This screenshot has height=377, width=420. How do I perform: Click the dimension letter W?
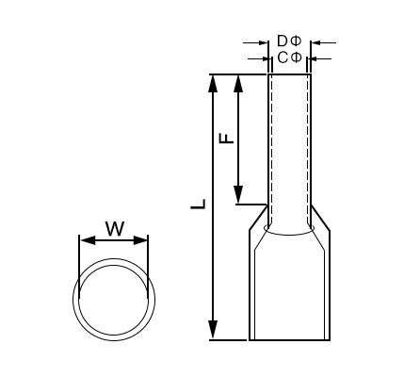114,228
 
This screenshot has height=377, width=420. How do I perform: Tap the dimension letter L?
199,204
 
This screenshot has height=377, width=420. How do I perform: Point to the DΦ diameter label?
289,42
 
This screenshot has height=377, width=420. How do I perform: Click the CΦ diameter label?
289,58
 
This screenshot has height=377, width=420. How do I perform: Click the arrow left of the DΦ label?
262,42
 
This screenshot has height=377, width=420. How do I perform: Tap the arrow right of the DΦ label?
316,42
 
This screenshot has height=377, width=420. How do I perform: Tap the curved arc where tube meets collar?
289,230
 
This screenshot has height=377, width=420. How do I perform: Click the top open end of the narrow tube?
289,74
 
